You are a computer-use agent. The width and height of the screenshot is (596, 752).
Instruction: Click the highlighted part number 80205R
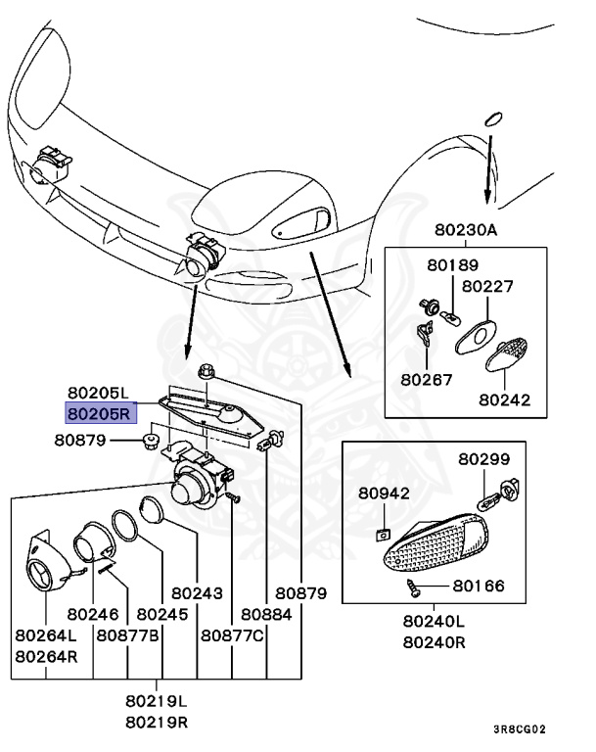point(98,414)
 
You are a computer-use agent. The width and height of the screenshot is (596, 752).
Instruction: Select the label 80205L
point(98,396)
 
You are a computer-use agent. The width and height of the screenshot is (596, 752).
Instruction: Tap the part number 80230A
point(467,231)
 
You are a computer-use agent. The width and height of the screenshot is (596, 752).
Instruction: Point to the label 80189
point(452,265)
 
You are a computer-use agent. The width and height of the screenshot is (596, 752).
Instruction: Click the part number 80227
point(488,287)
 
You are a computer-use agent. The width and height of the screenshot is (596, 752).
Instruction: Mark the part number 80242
point(505,399)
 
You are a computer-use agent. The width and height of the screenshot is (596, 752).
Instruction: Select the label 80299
point(485,458)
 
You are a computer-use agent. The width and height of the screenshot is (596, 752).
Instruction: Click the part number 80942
point(384,493)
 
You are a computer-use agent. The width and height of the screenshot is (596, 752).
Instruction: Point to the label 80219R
point(157,722)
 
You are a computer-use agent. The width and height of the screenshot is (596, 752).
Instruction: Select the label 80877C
point(233,634)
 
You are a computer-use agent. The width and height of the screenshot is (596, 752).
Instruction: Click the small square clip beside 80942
point(384,535)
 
